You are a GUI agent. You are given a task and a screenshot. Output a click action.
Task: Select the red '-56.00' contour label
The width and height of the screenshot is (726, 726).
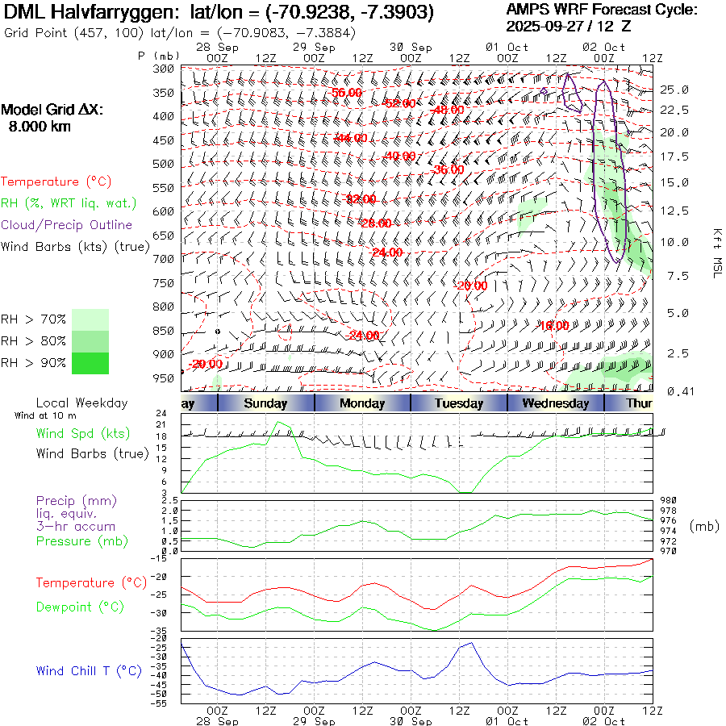click(x=347, y=93)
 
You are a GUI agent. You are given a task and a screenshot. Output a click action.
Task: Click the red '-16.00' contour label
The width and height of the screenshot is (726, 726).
click(x=554, y=325)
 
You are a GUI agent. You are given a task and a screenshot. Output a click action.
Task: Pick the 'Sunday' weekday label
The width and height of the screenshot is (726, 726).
click(x=265, y=403)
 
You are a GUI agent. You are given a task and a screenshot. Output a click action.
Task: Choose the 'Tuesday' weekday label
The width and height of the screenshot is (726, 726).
click(x=459, y=403)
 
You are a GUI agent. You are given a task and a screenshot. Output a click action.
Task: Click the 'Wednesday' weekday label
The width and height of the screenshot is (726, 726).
click(x=555, y=403)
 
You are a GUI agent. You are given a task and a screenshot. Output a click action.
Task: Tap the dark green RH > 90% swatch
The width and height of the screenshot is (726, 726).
click(x=90, y=363)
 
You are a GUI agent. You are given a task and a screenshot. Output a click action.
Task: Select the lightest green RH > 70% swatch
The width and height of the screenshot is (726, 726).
click(x=90, y=319)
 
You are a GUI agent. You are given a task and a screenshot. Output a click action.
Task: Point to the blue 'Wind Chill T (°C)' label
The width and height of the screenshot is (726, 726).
click(x=89, y=671)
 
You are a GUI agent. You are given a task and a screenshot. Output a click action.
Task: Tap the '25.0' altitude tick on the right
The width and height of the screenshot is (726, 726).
click(x=674, y=90)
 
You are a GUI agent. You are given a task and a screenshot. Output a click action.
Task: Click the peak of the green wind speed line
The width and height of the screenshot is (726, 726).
click(x=280, y=422)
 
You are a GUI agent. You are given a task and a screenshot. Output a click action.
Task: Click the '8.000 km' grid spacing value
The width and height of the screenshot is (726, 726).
click(x=40, y=127)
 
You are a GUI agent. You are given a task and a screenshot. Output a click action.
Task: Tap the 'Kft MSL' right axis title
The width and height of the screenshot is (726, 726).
click(x=716, y=252)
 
